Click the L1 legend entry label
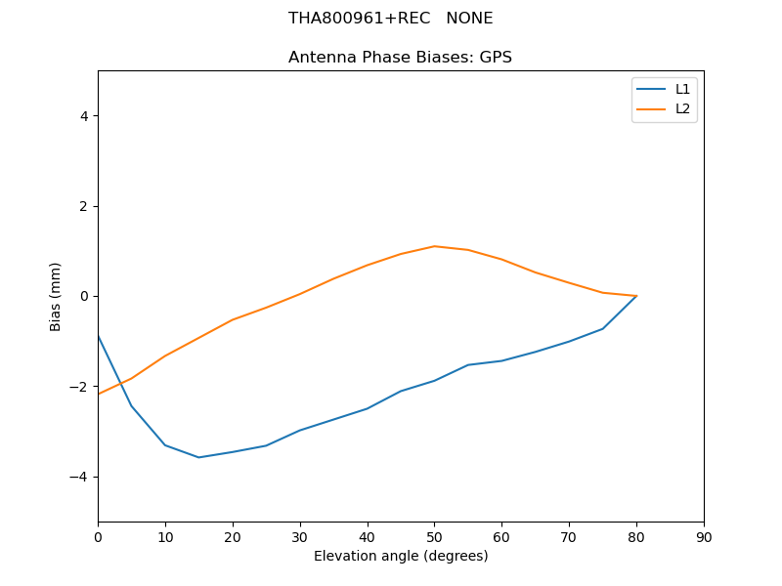(682, 89)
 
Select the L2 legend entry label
(682, 108)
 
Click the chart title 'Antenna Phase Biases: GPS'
(400, 58)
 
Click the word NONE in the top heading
(469, 19)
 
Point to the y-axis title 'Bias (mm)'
(56, 296)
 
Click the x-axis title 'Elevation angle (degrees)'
(401, 557)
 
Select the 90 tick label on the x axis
(704, 537)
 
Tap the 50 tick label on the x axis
(434, 537)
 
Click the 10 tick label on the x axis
(165, 537)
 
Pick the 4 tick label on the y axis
(83, 116)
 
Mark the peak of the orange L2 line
(434, 246)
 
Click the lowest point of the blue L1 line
(198, 457)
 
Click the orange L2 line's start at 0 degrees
(99, 394)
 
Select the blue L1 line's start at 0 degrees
(99, 336)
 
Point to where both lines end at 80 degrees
(636, 296)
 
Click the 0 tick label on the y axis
(83, 296)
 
